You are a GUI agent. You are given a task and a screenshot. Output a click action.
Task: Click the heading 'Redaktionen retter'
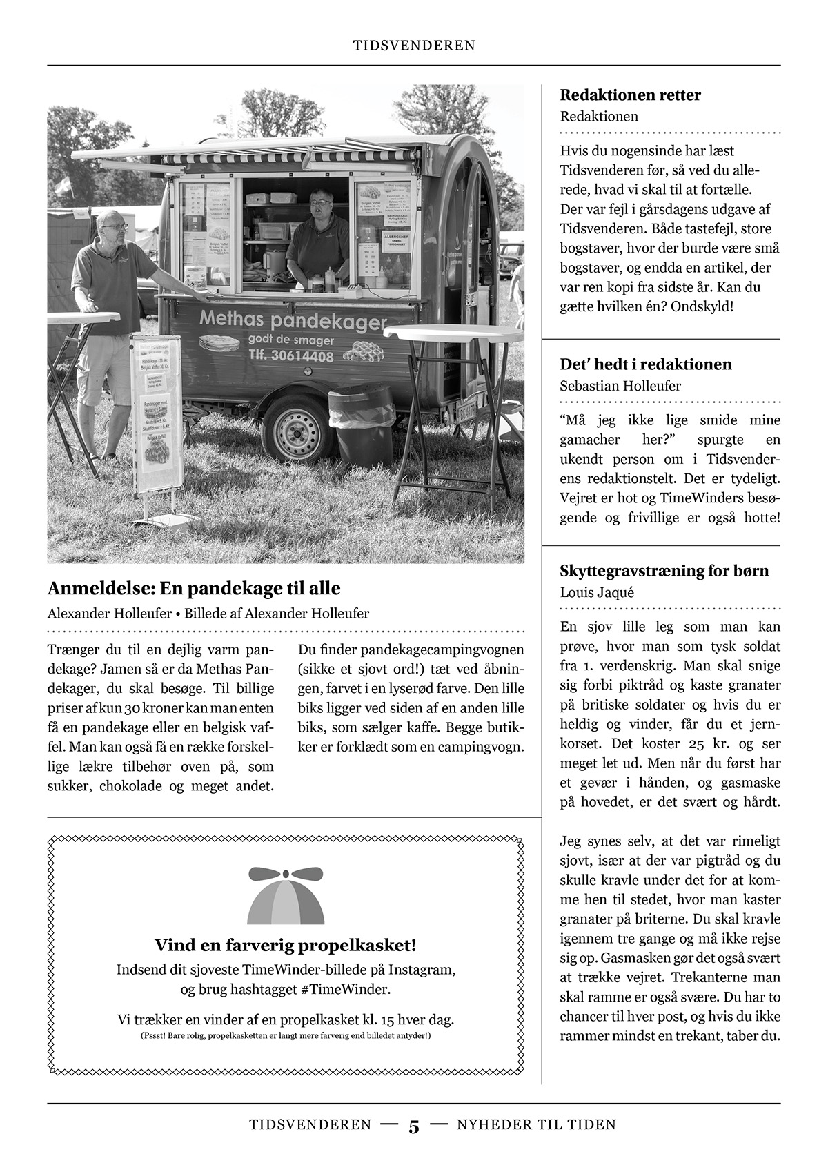pos(630,95)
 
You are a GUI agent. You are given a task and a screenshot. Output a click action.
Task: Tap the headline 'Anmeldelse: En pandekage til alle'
pos(194,589)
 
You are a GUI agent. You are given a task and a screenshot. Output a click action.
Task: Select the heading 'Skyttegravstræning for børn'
pos(664,571)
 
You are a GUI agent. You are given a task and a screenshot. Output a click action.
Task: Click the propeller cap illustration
pos(286,895)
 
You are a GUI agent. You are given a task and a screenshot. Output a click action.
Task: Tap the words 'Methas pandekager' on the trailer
pos(293,321)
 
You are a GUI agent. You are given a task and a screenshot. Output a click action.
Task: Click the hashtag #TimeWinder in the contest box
pos(346,989)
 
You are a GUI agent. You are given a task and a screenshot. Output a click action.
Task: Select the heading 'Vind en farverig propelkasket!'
pos(286,945)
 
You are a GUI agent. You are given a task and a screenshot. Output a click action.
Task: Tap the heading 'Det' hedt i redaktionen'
pos(646,364)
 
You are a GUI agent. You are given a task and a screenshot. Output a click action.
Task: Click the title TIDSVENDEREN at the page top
pos(414,46)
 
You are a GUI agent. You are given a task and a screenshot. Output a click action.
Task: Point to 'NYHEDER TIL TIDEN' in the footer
pos(536,1124)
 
